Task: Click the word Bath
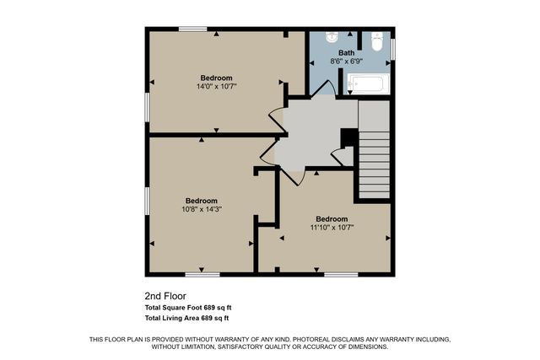click(x=347, y=52)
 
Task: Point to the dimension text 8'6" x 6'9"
click(x=347, y=61)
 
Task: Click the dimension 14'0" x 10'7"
click(x=216, y=86)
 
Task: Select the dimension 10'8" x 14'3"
click(x=202, y=209)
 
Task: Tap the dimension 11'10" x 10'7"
click(x=332, y=227)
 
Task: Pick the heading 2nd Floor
click(x=165, y=297)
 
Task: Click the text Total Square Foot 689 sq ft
click(x=186, y=308)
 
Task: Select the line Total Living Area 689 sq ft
click(x=186, y=319)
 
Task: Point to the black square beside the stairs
click(x=345, y=137)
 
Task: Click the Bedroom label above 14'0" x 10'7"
click(x=216, y=78)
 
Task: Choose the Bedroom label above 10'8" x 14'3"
click(x=202, y=201)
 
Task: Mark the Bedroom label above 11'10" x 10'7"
click(x=332, y=218)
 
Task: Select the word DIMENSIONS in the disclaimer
click(x=363, y=347)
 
